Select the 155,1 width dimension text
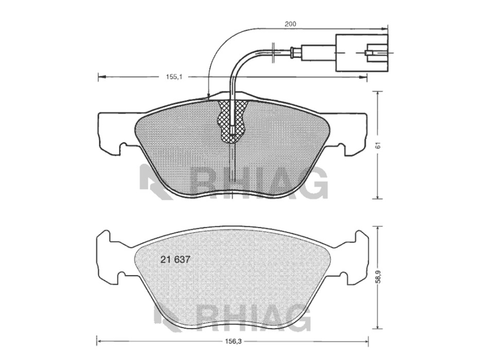click(172, 77)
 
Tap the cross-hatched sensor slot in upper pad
click(233, 119)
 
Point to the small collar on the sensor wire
click(294, 51)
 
